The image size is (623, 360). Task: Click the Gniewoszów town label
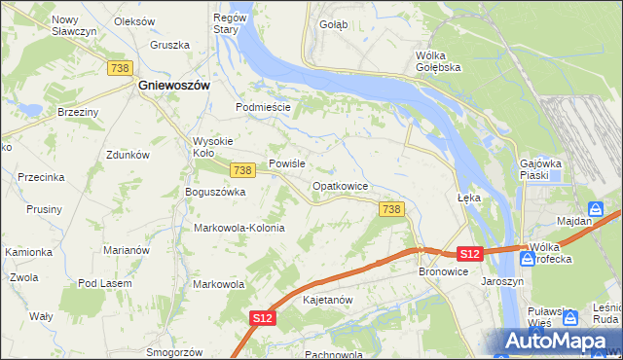tap(173, 86)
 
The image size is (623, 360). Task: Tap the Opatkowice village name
tap(340, 185)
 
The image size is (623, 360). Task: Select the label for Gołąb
tap(333, 24)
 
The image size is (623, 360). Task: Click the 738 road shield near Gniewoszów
tap(121, 67)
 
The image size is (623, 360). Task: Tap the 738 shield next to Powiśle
tap(243, 170)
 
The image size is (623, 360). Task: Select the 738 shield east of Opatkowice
tap(391, 209)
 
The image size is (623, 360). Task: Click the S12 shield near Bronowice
tap(469, 254)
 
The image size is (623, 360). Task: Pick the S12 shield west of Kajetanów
tap(262, 318)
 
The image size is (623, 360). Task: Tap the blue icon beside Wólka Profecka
tap(527, 259)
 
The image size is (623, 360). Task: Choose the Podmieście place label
tap(264, 107)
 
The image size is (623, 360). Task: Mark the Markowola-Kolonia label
tap(239, 228)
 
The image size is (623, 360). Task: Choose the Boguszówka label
tap(215, 192)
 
